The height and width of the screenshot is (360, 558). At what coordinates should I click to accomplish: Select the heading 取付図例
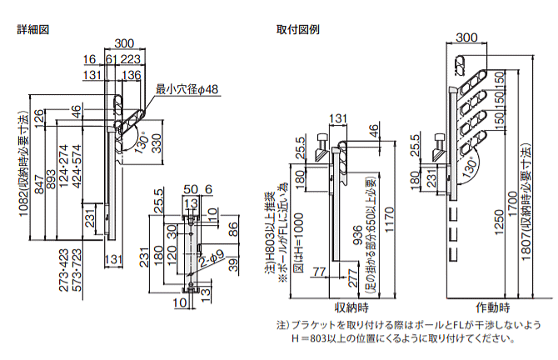tap(297, 27)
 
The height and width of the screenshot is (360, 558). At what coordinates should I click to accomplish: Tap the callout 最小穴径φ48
tap(187, 88)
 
